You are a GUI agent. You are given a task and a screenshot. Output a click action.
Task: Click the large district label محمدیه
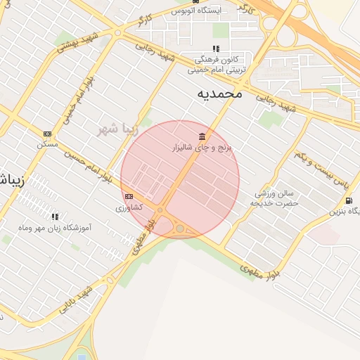click(219, 93)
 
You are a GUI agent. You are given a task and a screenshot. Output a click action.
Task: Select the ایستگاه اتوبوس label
click(217, 11)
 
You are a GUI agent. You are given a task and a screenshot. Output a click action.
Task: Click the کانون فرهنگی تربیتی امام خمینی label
click(218, 63)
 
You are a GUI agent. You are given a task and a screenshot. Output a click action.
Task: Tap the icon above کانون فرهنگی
click(216, 49)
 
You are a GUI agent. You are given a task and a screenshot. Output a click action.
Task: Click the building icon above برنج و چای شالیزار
click(202, 136)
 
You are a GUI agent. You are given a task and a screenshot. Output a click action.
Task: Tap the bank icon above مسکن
click(47, 134)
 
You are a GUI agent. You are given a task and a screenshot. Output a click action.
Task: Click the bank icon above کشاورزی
click(129, 197)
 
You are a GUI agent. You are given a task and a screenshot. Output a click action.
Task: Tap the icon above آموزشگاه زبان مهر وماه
click(55, 217)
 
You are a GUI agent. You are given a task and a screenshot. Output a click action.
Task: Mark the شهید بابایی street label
click(77, 298)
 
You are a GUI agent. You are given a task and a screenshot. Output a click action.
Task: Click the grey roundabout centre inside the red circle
click(180, 229)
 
